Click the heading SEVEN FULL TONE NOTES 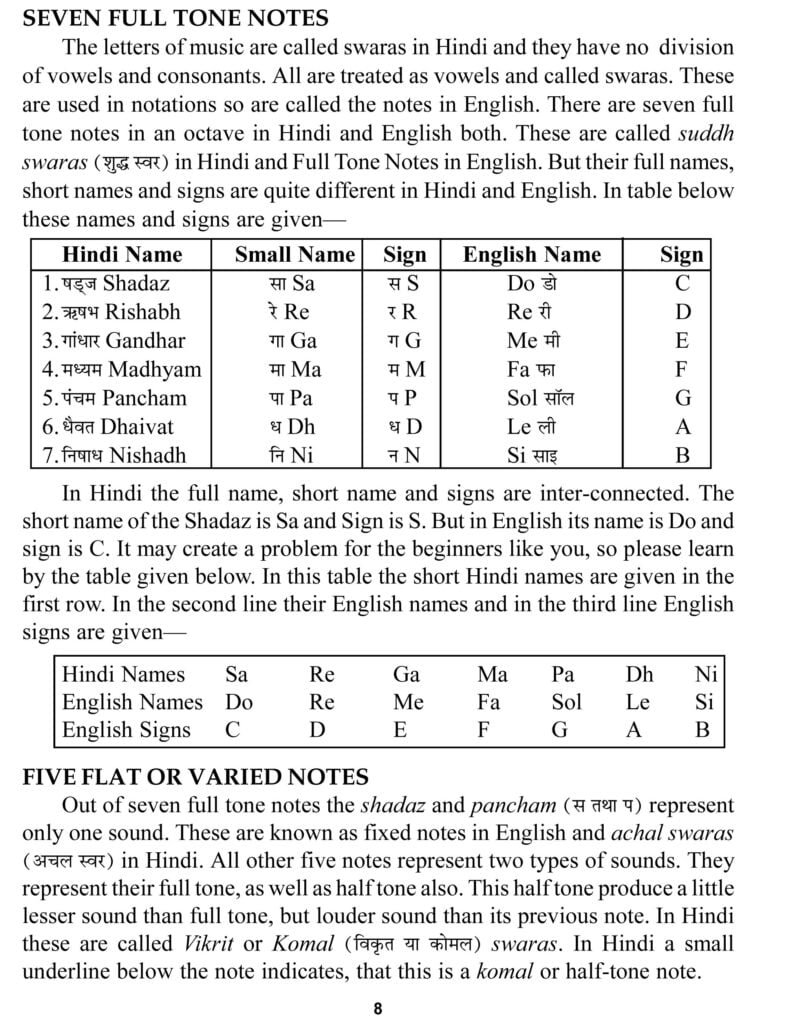click(176, 18)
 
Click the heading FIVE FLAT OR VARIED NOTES click(195, 776)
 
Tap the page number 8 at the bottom click(378, 1008)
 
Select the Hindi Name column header click(122, 254)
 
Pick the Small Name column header click(294, 254)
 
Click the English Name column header click(531, 254)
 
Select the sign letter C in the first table click(683, 283)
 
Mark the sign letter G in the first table click(683, 398)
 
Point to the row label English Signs click(126, 729)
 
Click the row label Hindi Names click(123, 674)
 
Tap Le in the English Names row click(637, 702)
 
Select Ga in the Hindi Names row click(406, 674)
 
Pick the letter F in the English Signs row click(483, 729)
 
